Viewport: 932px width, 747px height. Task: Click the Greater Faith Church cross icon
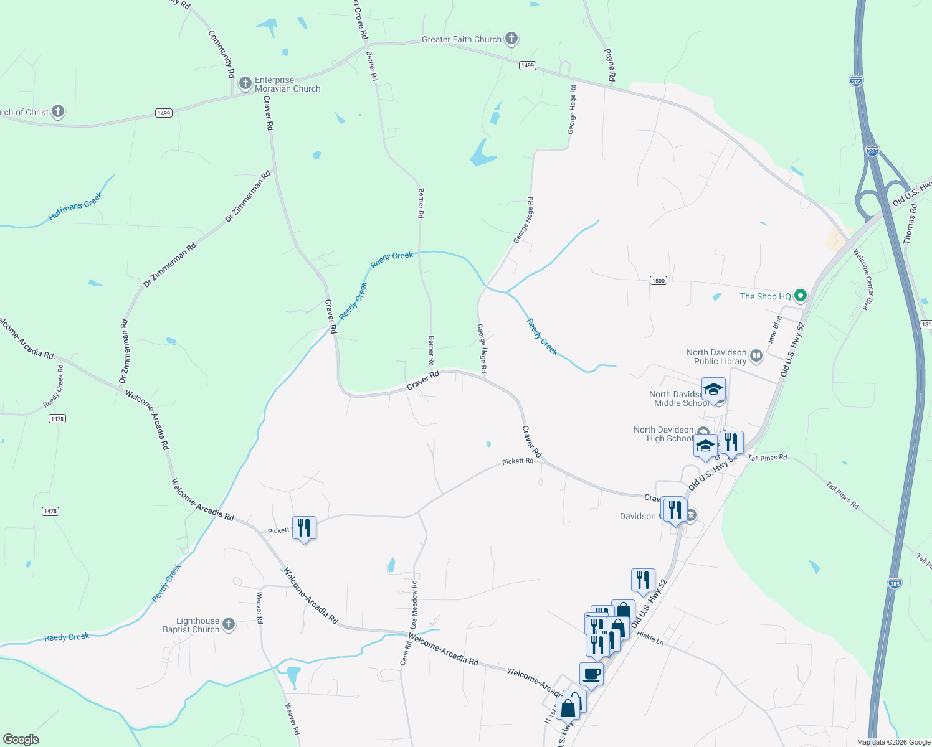point(511,39)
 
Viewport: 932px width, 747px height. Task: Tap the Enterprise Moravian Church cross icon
point(245,83)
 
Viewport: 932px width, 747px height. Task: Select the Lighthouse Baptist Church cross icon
point(229,624)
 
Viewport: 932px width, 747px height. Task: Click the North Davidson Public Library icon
point(756,356)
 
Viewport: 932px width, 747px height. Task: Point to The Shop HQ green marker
point(801,296)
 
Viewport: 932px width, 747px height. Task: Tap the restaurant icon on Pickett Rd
point(304,528)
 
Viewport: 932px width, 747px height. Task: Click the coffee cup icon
point(591,674)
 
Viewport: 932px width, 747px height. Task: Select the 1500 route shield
point(659,280)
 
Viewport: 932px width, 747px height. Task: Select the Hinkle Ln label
point(650,638)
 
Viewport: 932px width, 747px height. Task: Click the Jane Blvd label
point(774,330)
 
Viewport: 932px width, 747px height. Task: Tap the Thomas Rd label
point(910,222)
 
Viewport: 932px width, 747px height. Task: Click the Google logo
point(21,740)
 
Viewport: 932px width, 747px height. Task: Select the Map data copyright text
point(893,742)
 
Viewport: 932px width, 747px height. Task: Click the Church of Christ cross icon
point(58,111)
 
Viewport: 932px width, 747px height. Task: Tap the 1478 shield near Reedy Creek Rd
point(57,419)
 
